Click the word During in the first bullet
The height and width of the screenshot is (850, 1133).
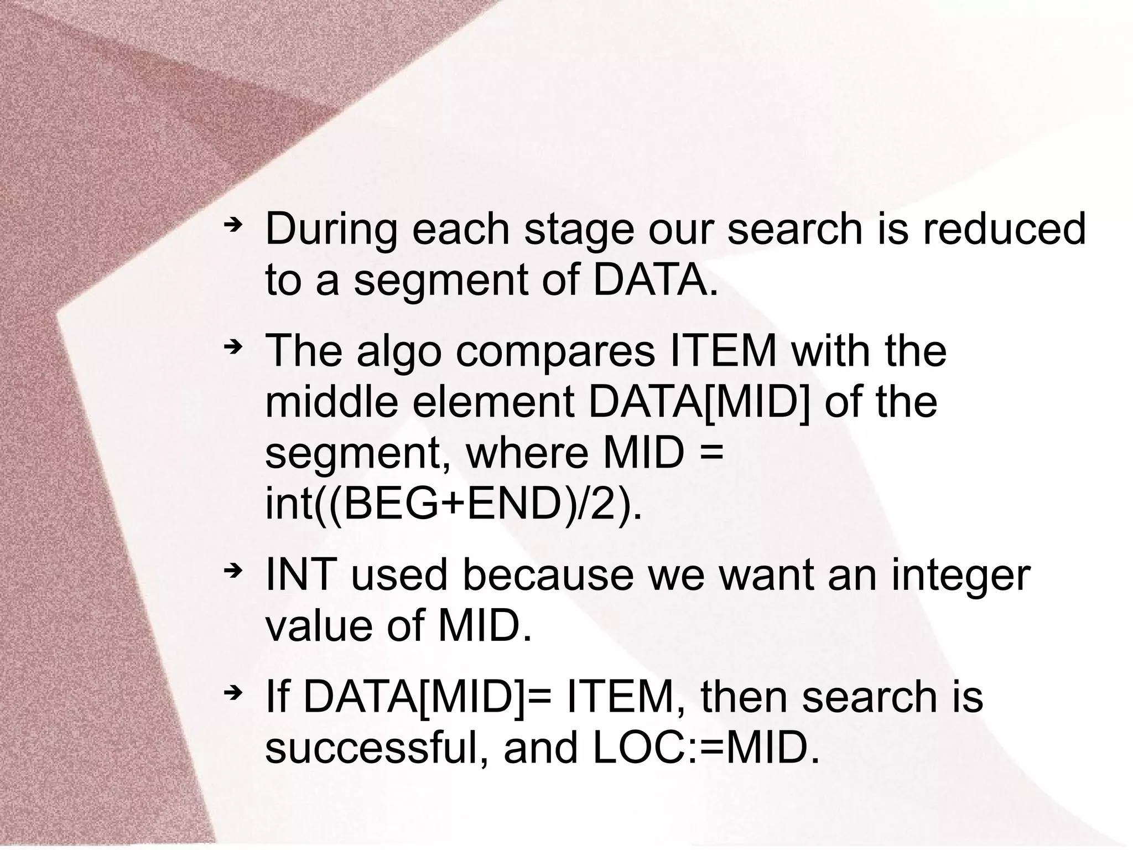tap(331, 230)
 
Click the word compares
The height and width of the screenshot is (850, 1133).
tap(555, 352)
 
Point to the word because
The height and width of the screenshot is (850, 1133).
tap(548, 576)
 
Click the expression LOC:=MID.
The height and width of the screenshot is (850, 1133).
tap(705, 748)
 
